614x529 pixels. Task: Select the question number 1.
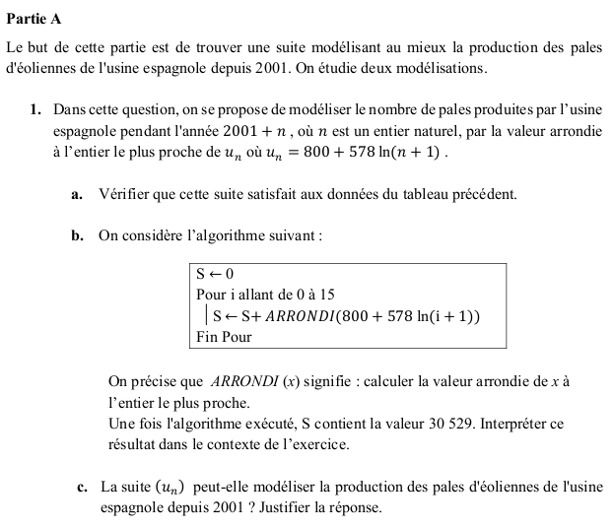34,107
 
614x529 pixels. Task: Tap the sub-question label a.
76,194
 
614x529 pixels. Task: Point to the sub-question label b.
77,236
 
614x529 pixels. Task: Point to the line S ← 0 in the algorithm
215,273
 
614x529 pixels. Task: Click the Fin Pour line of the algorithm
224,337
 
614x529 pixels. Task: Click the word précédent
480,194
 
